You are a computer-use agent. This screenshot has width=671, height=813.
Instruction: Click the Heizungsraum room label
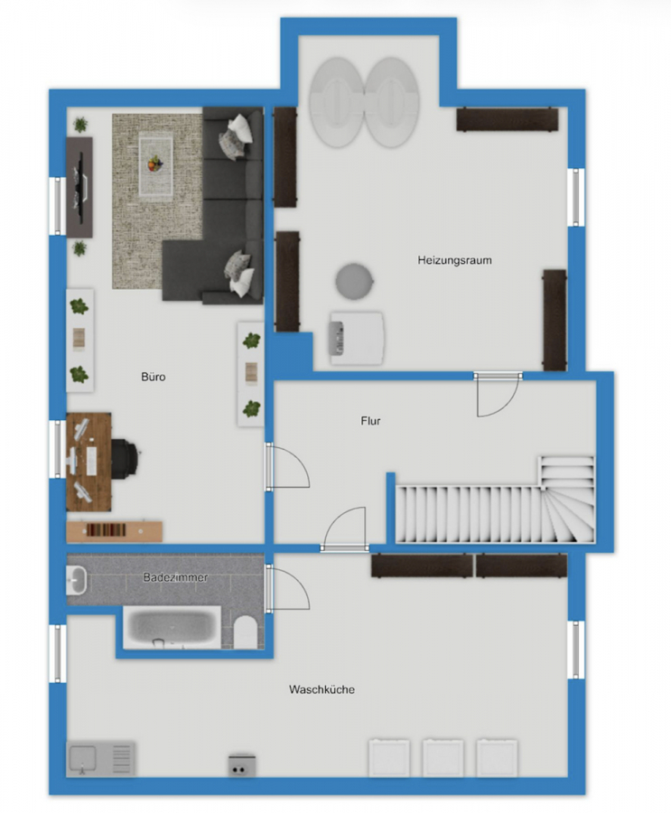[x=455, y=260]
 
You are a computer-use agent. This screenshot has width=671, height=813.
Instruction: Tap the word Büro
[x=154, y=377]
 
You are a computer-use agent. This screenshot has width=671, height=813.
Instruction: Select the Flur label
[x=371, y=421]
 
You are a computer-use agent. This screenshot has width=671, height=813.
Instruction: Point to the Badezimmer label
[x=175, y=577]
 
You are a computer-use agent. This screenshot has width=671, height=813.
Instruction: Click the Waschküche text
[x=322, y=689]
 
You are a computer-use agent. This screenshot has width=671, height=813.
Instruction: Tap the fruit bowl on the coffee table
[x=155, y=164]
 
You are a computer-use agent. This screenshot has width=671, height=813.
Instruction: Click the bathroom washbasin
[x=76, y=580]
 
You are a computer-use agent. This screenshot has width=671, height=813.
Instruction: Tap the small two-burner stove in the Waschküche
[x=242, y=765]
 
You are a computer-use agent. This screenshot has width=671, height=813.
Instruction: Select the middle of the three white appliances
[x=443, y=758]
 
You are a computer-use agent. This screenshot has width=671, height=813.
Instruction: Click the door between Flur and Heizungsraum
[x=498, y=394]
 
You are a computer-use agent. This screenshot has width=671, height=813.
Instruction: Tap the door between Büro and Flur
[x=287, y=466]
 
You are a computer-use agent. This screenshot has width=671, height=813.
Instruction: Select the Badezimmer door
[x=287, y=588]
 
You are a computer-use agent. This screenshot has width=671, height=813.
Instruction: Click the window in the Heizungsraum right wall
[x=575, y=197]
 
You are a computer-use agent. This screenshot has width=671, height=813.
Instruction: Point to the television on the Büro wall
[x=80, y=187]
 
